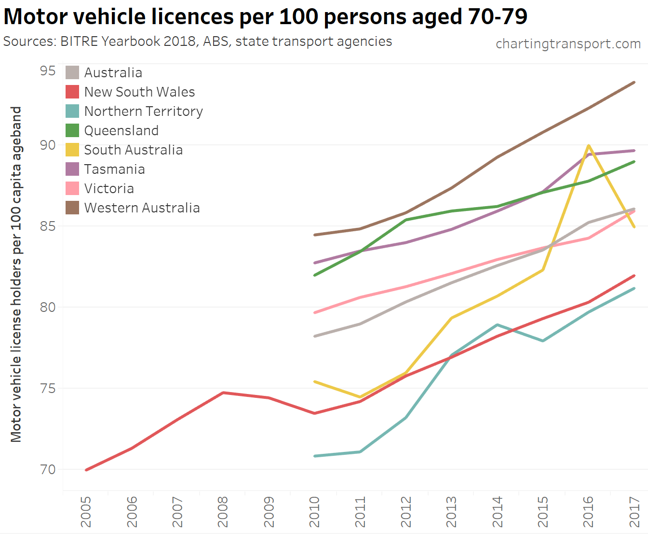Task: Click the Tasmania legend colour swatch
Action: point(72,169)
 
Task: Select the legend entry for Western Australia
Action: point(142,208)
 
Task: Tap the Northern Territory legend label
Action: point(143,111)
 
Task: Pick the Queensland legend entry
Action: point(121,130)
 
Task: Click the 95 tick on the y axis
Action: point(48,71)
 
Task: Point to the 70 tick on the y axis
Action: point(48,469)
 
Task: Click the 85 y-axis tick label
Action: point(48,226)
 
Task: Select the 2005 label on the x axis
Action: point(86,512)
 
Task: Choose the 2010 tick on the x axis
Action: point(314,512)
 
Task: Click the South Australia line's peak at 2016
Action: point(589,145)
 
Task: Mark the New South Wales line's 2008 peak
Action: point(223,393)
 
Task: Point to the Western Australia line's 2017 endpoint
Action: point(634,83)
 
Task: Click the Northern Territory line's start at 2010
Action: point(315,456)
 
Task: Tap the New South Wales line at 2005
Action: point(86,470)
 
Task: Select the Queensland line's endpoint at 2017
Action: point(634,162)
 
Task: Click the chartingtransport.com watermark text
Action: point(568,44)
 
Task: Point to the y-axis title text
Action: point(16,274)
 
